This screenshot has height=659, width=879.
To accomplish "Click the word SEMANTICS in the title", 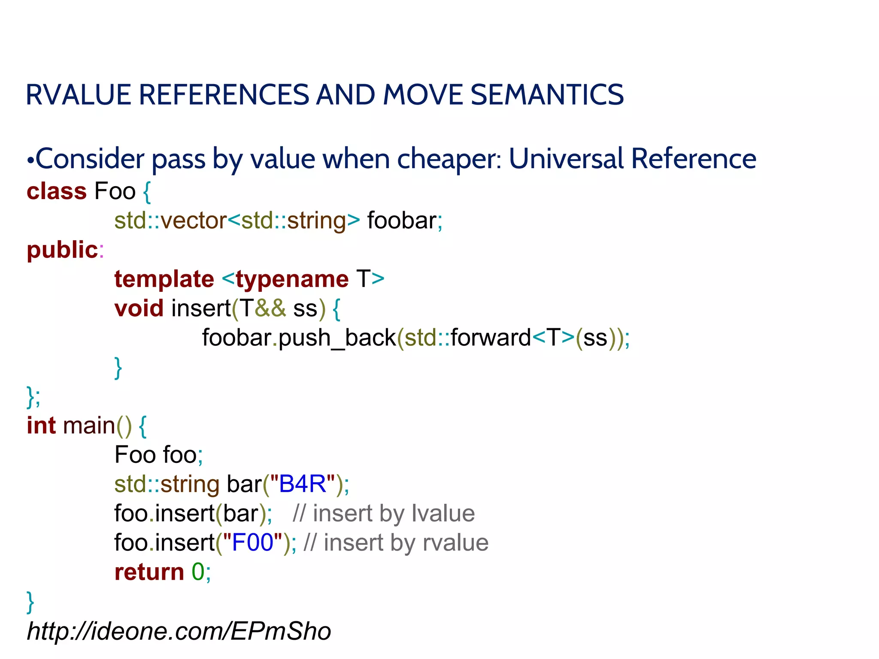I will pos(547,95).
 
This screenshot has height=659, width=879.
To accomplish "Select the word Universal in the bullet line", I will pos(566,159).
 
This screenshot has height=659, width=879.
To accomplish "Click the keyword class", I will pos(57,191).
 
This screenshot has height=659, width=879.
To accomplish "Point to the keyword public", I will pos(63,250).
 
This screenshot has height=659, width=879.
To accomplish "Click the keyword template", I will pos(164,279).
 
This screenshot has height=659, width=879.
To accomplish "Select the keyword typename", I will pos(292,279).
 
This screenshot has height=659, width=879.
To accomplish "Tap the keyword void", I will pos(139,308).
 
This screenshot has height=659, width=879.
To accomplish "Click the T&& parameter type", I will pos(263,308).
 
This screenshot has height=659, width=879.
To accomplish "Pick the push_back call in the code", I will pos(337,338).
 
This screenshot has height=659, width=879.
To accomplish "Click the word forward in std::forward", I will pos(491,338).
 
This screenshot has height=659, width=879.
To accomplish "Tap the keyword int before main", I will pos(41,426).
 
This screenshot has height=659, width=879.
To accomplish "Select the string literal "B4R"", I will pos(303,484).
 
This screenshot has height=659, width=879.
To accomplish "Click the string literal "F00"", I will pos(252,543).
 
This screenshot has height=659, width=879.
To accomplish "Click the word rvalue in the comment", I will pos(455,543).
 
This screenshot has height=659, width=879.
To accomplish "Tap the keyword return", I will pos(149,572).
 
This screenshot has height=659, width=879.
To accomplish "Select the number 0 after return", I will pos(198,572).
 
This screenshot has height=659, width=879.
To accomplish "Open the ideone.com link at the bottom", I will pos(179,632).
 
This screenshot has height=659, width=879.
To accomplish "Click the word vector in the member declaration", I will pos(194,221).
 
